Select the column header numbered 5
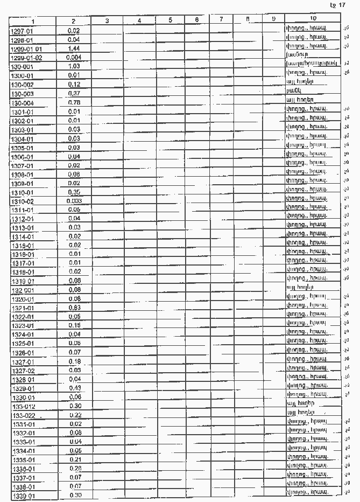170,21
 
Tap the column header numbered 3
107,21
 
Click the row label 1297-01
23,31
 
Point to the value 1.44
74,48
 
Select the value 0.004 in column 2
74,57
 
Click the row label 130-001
22,66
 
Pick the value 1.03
74,66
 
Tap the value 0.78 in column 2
74,102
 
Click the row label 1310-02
23,201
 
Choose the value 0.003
74,201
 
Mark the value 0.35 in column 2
74,192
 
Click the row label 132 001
22,290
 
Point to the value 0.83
74,308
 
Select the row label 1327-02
23,371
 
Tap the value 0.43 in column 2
74,388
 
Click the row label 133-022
22,415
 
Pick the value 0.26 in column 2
74,468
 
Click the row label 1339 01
23,495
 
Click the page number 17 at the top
342,5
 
